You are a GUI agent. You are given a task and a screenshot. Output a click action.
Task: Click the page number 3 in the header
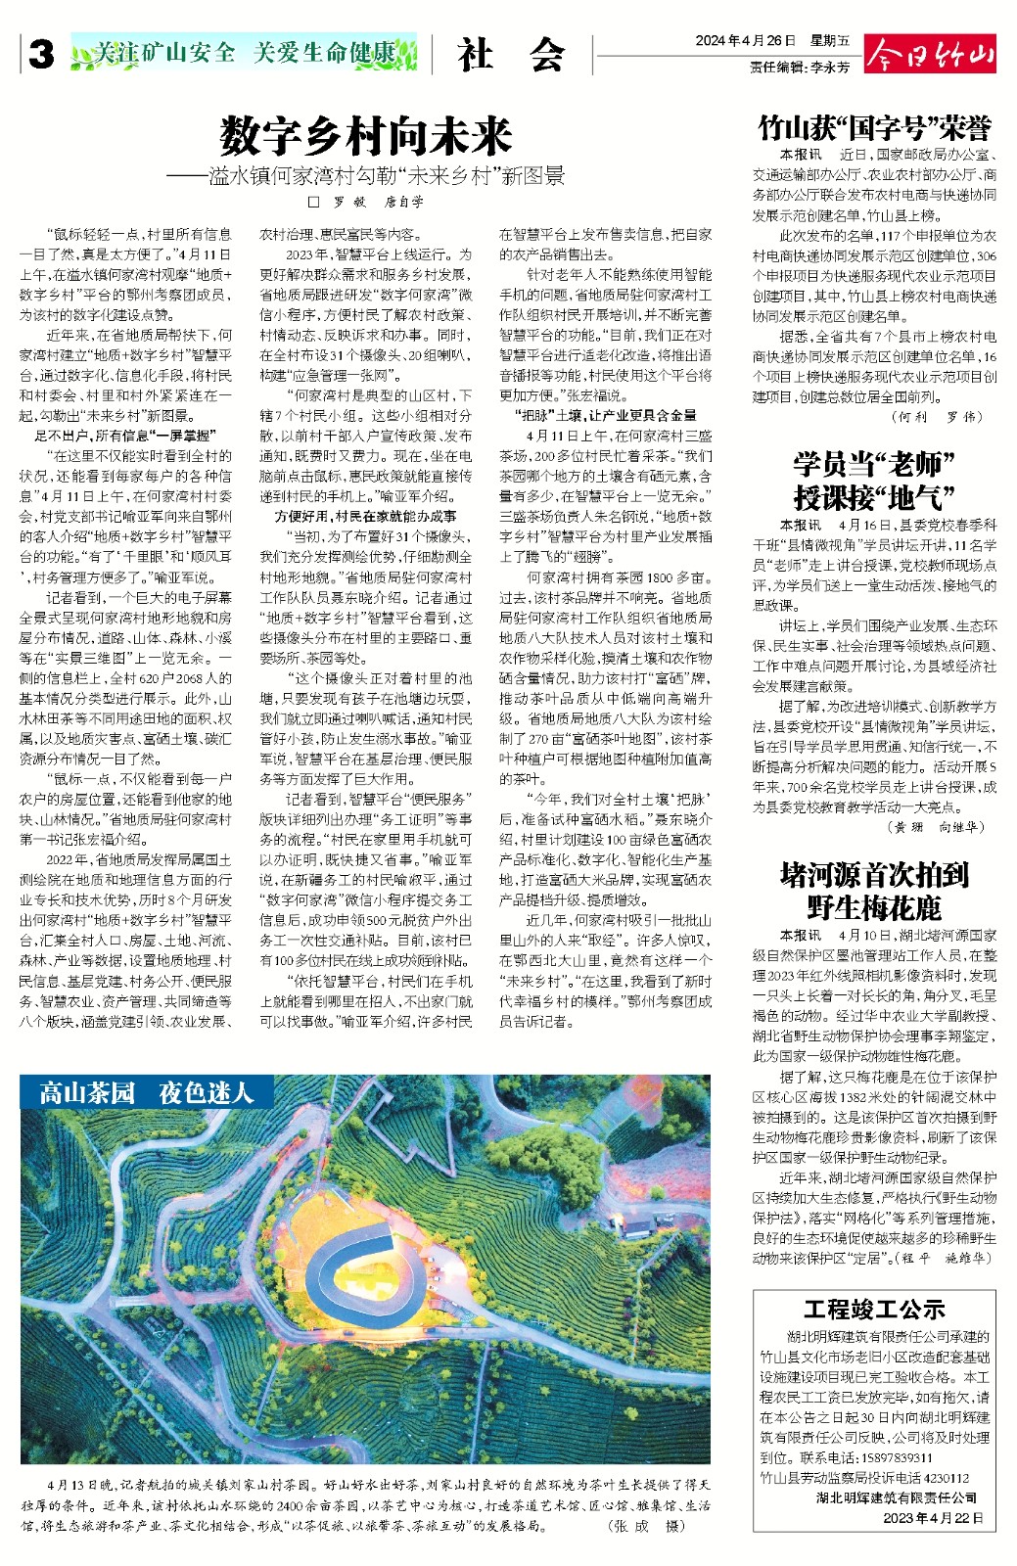click(41, 55)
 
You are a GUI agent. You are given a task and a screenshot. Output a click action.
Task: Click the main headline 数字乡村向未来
click(366, 136)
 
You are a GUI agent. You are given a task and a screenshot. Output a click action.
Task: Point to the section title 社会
click(511, 55)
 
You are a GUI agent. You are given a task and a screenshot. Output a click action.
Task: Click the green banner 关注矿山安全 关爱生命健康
click(244, 53)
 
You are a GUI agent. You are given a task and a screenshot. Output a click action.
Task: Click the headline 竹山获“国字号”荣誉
click(874, 127)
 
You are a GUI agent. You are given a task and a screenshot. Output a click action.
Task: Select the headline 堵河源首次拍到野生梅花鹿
click(874, 890)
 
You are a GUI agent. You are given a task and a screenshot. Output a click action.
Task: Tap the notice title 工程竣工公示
click(874, 1310)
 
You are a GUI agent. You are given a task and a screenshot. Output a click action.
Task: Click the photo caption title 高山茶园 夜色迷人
click(146, 1092)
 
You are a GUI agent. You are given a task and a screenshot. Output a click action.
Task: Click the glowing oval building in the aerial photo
click(362, 1267)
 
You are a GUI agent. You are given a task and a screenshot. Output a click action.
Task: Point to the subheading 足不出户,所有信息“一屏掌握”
click(125, 436)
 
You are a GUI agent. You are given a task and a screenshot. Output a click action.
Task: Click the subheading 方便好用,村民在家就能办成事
click(365, 516)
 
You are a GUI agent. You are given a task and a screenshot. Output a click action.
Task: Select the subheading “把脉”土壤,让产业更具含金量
click(606, 415)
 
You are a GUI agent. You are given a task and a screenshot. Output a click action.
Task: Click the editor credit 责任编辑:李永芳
click(800, 68)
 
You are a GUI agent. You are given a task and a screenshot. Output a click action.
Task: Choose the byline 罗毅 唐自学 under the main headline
click(366, 203)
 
